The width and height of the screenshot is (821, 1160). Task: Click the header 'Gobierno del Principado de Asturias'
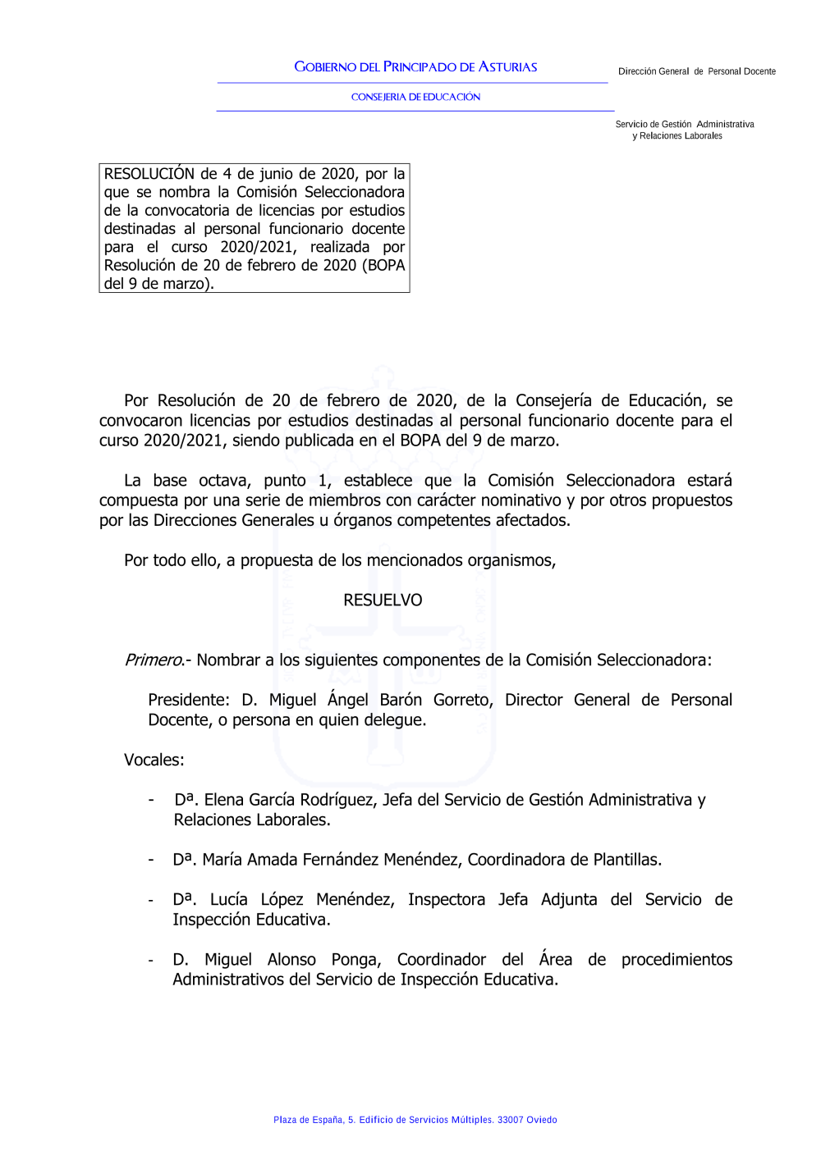click(x=415, y=67)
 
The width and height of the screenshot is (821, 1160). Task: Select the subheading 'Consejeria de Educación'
click(x=415, y=97)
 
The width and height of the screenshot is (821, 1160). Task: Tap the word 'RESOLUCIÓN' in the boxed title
click(x=149, y=174)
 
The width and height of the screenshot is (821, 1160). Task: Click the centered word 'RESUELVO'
click(x=383, y=601)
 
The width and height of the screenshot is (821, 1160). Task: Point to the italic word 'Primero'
click(x=154, y=660)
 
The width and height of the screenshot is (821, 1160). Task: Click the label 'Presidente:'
click(x=189, y=701)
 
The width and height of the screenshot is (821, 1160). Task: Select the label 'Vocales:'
click(x=154, y=760)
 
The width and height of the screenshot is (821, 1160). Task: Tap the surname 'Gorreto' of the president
click(x=462, y=701)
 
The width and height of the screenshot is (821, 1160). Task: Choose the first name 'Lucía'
click(x=228, y=900)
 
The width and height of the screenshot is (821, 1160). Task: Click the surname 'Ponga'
click(x=355, y=960)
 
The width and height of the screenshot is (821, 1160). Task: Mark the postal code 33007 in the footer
click(x=510, y=1120)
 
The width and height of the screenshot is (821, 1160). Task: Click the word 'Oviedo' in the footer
click(x=542, y=1120)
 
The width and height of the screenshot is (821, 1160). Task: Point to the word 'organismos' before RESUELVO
click(x=510, y=561)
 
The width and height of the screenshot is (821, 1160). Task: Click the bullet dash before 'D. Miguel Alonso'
click(x=151, y=960)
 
